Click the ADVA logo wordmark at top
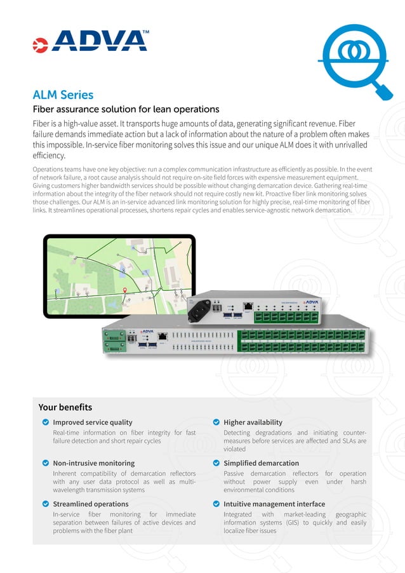[x=100, y=41]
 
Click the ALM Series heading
[x=63, y=95]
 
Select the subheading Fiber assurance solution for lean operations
[x=126, y=109]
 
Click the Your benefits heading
[x=65, y=407]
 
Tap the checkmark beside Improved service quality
[x=45, y=422]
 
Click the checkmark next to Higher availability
[x=216, y=422]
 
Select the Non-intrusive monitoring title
[x=93, y=463]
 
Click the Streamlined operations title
[x=90, y=504]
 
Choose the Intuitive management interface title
[x=274, y=504]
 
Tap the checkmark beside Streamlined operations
[x=45, y=504]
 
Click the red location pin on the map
[x=124, y=291]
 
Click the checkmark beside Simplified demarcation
[x=216, y=463]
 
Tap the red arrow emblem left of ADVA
[x=40, y=44]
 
